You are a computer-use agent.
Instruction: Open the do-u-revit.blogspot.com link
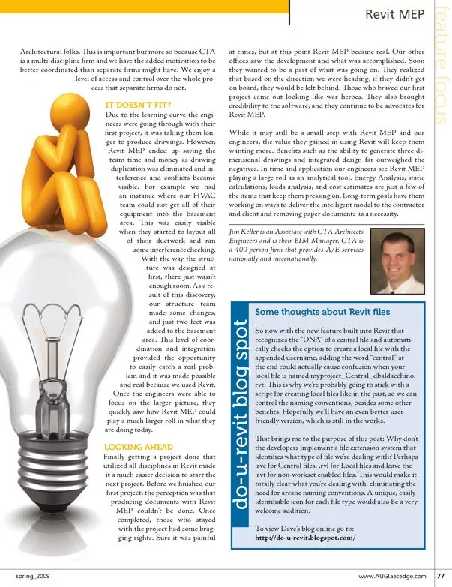click(306, 538)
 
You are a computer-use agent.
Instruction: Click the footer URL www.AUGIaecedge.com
click(391, 576)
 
